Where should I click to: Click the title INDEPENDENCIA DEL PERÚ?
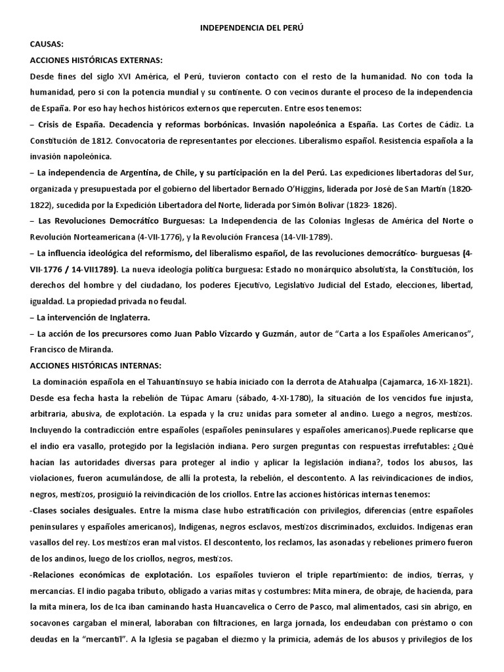click(252, 30)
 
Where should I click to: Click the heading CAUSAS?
click(47, 45)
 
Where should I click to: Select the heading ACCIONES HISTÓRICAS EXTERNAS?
click(96, 61)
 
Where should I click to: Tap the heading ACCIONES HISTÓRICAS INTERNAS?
click(94, 366)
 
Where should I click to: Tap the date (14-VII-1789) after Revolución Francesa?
click(305, 236)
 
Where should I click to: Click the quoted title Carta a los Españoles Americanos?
click(404, 333)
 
